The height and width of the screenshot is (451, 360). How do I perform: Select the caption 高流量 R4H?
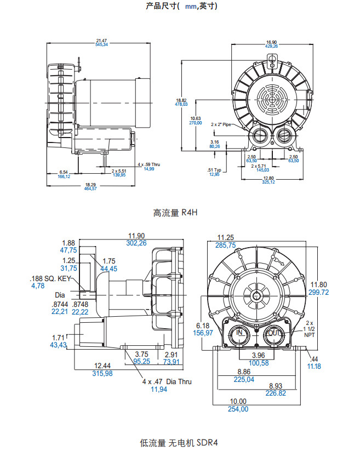pos(175,213)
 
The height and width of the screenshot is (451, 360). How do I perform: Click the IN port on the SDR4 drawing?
pos(239,333)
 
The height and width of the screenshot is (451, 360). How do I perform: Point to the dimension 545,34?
pos(101,44)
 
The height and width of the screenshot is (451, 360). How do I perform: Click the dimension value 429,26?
pos(272,47)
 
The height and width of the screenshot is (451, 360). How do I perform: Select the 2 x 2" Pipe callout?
pos(222,125)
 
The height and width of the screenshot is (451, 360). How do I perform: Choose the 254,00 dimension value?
pos(238,409)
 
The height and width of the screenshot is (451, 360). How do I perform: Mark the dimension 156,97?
pos(204,332)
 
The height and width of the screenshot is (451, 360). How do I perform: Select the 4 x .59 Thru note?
pos(148,164)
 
